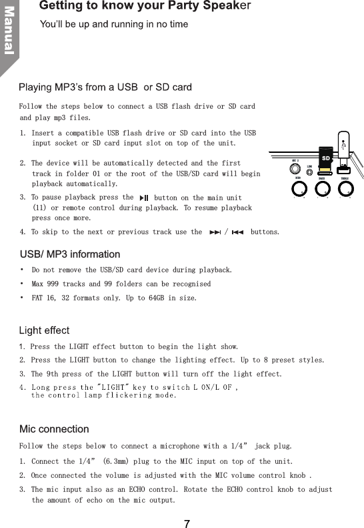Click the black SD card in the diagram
[x=325, y=158]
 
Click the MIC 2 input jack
[x=295, y=168]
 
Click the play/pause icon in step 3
[x=144, y=198]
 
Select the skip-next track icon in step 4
[x=214, y=232]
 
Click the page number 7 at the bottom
[x=187, y=523]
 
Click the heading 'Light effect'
[x=44, y=331]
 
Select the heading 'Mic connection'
[x=54, y=429]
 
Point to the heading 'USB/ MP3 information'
[x=70, y=254]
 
